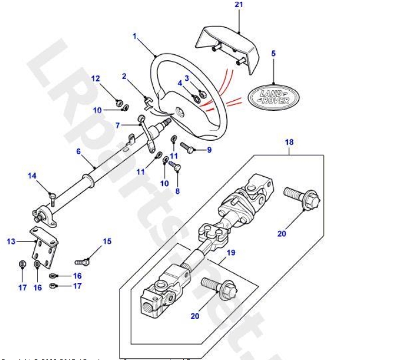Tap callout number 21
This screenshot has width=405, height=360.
click(238, 5)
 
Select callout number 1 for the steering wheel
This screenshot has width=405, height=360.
click(134, 36)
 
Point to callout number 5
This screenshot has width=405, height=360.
click(273, 54)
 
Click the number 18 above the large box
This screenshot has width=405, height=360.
click(289, 142)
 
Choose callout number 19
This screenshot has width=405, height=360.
click(231, 253)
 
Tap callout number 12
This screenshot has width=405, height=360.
click(95, 78)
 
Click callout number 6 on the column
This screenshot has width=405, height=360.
click(78, 151)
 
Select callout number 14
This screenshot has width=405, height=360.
click(32, 176)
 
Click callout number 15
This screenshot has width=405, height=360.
click(107, 241)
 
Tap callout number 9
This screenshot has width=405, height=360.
click(209, 150)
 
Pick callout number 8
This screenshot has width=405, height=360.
click(177, 191)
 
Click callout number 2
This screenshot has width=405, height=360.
click(124, 76)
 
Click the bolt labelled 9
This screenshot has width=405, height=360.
click(186, 147)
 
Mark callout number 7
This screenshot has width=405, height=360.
click(117, 126)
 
